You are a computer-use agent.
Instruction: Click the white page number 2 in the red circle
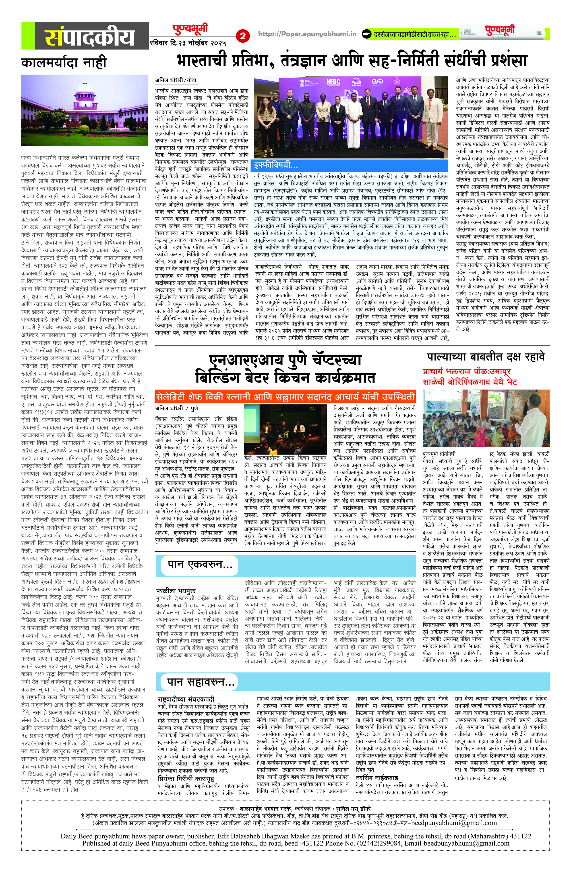coord(243,36)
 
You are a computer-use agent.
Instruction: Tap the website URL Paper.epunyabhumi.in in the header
coord(307,34)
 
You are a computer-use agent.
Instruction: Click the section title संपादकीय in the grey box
coord(90,37)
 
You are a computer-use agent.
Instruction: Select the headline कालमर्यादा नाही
coord(64,62)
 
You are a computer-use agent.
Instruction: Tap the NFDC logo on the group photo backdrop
coord(333,82)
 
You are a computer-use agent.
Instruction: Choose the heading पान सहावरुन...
coord(201,682)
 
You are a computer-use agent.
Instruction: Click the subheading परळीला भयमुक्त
coord(176,591)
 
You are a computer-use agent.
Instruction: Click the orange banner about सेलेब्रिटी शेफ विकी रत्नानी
coord(285,397)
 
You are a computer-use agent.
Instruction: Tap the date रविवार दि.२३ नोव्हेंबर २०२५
coord(188,43)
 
